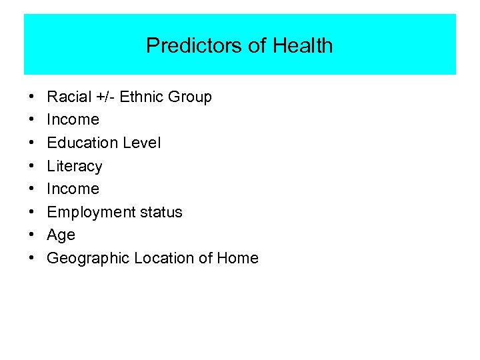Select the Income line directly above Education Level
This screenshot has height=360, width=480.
tap(73, 120)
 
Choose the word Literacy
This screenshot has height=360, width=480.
tap(75, 166)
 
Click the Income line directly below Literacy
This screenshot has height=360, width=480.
tap(73, 189)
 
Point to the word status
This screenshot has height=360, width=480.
tap(161, 212)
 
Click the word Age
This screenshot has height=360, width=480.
tap(61, 235)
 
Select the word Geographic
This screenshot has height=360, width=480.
tap(88, 258)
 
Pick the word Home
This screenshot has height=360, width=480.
tap(237, 258)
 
